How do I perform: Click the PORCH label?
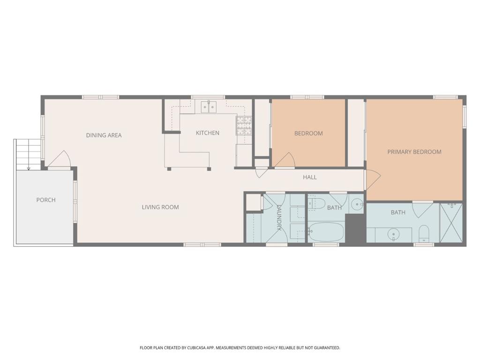46,200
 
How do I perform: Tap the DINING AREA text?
104,135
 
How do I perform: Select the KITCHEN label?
208,133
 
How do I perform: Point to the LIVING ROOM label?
160,207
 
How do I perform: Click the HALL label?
310,177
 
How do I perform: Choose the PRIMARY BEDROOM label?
414,152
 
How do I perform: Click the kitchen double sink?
209,106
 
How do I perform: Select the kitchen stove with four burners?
244,126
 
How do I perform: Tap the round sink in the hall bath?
357,204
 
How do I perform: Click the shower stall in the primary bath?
451,223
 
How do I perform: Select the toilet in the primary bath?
424,234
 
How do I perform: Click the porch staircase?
28,154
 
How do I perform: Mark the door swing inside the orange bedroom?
285,160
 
